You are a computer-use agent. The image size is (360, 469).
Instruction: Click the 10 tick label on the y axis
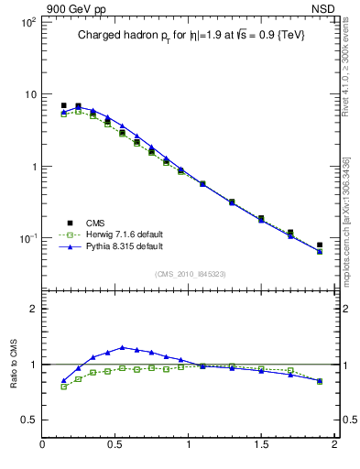pyautogui.click(x=29, y=94)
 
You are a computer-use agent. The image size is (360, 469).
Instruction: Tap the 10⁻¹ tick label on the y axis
pyautogui.click(x=27, y=239)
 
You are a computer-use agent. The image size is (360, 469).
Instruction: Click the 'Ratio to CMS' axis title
pyautogui.click(x=15, y=365)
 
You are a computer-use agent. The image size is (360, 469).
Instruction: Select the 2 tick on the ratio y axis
pyautogui.click(x=32, y=309)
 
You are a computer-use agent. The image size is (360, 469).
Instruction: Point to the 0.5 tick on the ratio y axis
pyautogui.click(x=27, y=420)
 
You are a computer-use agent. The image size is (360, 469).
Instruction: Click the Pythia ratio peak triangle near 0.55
pyautogui.click(x=122, y=347)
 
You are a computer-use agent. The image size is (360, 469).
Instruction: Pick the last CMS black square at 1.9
pyautogui.click(x=320, y=245)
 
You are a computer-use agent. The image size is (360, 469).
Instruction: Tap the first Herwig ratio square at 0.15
pyautogui.click(x=63, y=387)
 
